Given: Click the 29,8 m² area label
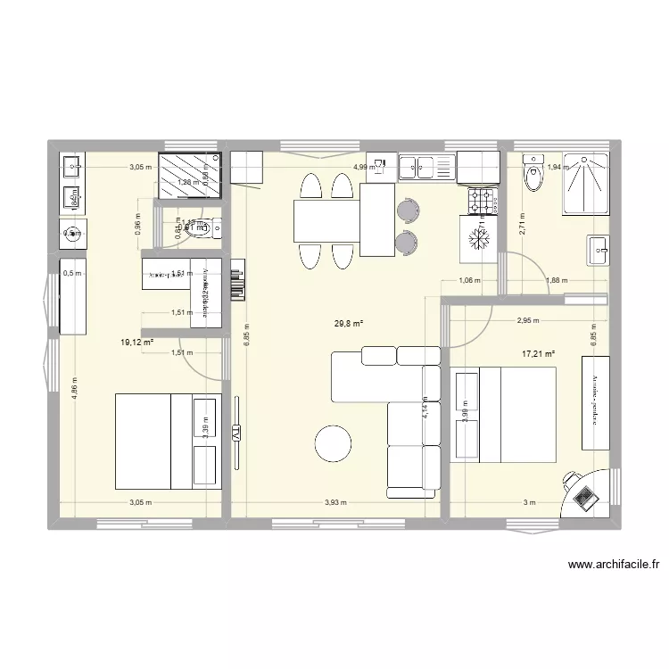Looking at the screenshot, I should tap(349, 324).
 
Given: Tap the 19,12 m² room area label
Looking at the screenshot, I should tap(138, 341).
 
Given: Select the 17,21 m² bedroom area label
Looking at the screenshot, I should tap(539, 353).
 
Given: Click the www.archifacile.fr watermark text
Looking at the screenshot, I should tap(612, 565).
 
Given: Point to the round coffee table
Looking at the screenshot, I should tap(333, 444).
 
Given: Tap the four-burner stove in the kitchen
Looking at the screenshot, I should tap(482, 200).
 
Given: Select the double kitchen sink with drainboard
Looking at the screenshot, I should tap(426, 164).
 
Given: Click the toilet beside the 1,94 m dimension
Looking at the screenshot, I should tap(533, 179).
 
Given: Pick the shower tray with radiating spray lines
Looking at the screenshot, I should tap(585, 184).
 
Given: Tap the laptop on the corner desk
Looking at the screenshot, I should tap(584, 495).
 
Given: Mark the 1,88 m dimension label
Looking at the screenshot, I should tap(557, 281).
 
